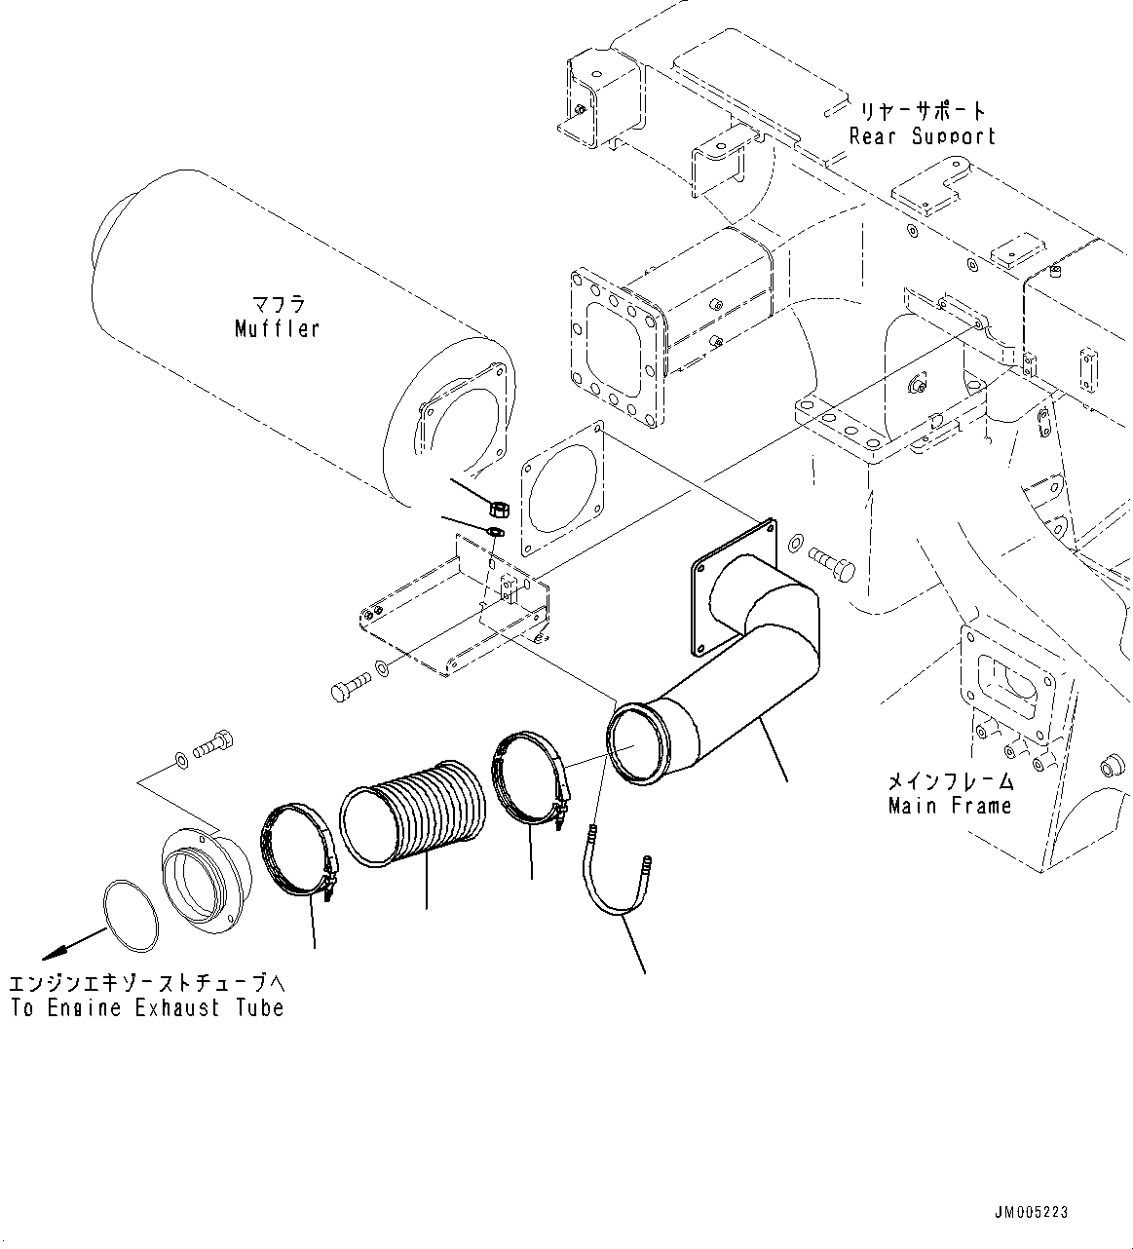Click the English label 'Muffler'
pos(277,329)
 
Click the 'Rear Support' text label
pos(922,136)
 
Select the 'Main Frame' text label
pos(950,806)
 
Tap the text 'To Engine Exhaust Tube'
pos(147,1008)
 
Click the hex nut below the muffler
pos(495,509)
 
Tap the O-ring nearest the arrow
pos(131,915)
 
